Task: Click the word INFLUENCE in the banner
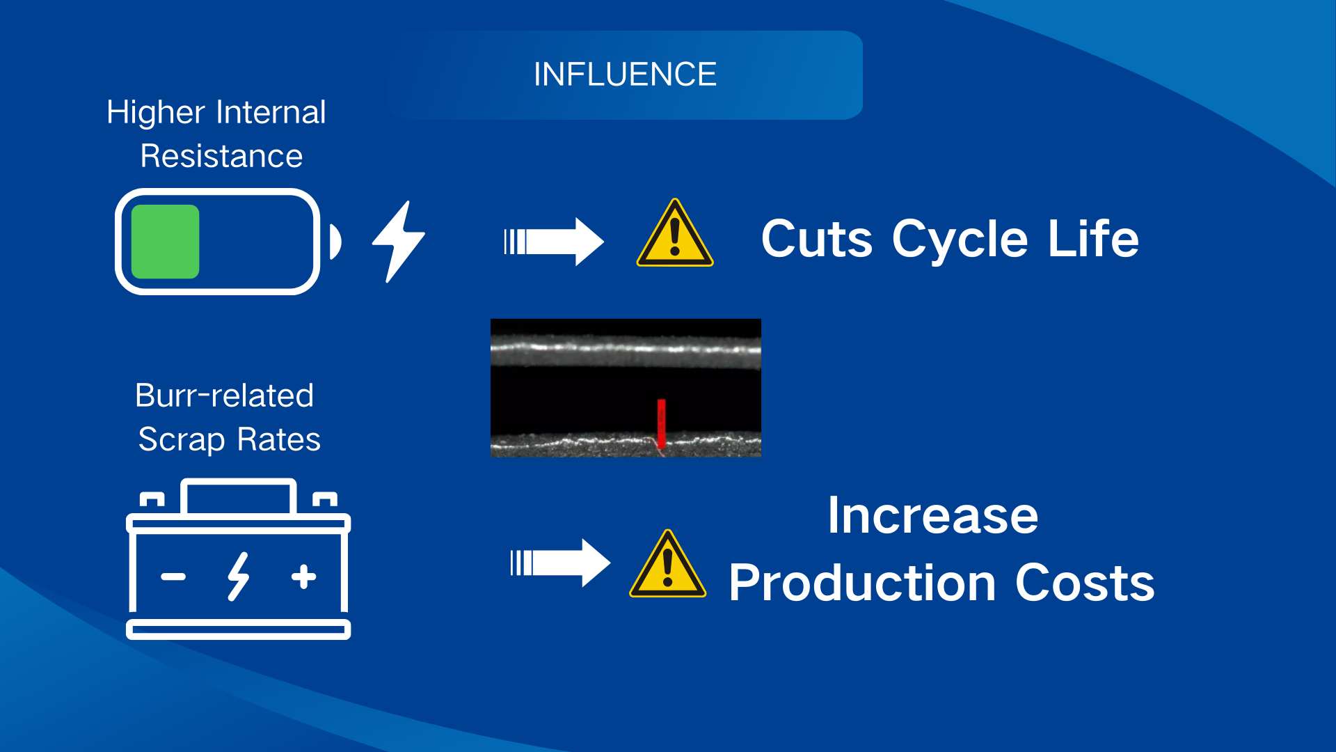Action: pos(625,75)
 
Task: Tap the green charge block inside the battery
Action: pos(165,242)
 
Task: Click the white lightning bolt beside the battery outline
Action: pos(398,242)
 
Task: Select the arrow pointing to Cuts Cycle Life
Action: pos(554,242)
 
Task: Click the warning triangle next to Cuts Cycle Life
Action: pos(675,233)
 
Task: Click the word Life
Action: pos(1094,238)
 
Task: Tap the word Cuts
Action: pos(817,239)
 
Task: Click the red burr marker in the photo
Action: pos(661,425)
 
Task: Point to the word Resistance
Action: pos(221,156)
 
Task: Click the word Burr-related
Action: pos(224,395)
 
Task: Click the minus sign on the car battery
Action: pos(173,577)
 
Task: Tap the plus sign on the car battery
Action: pos(304,577)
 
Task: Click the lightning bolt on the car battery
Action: pos(238,577)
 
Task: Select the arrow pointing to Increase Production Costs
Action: pos(560,563)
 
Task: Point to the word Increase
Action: pos(933,516)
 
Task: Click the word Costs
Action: pos(1085,583)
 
